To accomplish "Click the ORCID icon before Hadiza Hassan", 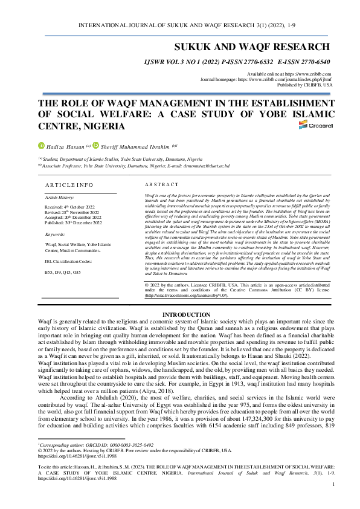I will point(41,146).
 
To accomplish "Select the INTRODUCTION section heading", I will point(179,315).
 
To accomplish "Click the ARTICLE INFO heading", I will point(69,184).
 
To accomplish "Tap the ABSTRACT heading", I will point(162,184).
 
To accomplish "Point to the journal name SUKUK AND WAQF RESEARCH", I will point(252,47).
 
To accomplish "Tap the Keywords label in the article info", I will point(57,233).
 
